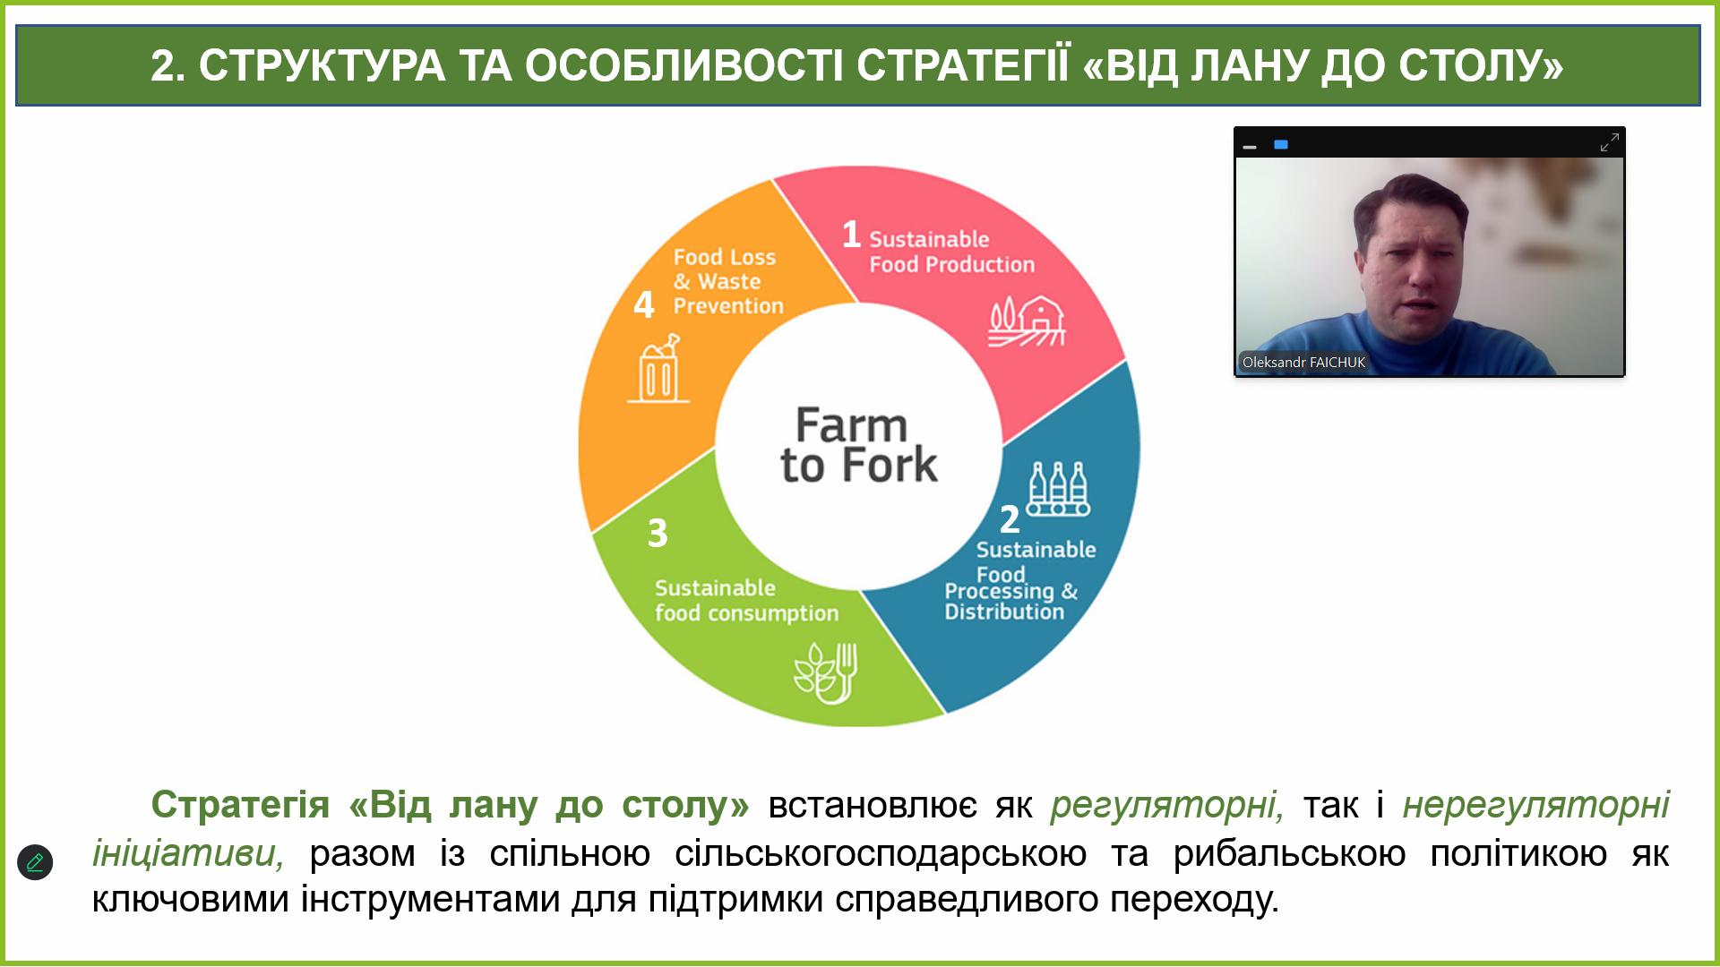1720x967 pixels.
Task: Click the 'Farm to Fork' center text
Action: coord(858,446)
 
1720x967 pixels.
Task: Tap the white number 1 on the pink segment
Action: coord(851,235)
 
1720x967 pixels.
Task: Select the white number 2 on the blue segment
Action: coord(1010,519)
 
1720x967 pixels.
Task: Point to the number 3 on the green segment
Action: coord(658,534)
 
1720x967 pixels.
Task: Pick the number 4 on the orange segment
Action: coord(644,305)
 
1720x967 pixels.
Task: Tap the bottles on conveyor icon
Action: coord(1059,489)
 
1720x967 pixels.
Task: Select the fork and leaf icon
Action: coord(826,672)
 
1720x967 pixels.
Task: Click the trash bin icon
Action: coord(658,369)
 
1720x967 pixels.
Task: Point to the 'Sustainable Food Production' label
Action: coord(951,252)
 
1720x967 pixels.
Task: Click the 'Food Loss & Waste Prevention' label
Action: coord(728,281)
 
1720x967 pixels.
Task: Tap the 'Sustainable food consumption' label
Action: coord(746,601)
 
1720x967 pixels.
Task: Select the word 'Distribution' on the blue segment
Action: coord(1004,612)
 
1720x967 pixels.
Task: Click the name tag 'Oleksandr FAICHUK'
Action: coord(1303,363)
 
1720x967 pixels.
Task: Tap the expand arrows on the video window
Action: coord(1610,143)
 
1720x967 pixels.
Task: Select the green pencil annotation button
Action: coord(35,862)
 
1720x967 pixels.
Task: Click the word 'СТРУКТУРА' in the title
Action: coord(322,65)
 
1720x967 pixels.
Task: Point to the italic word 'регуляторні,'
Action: coord(1167,805)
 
